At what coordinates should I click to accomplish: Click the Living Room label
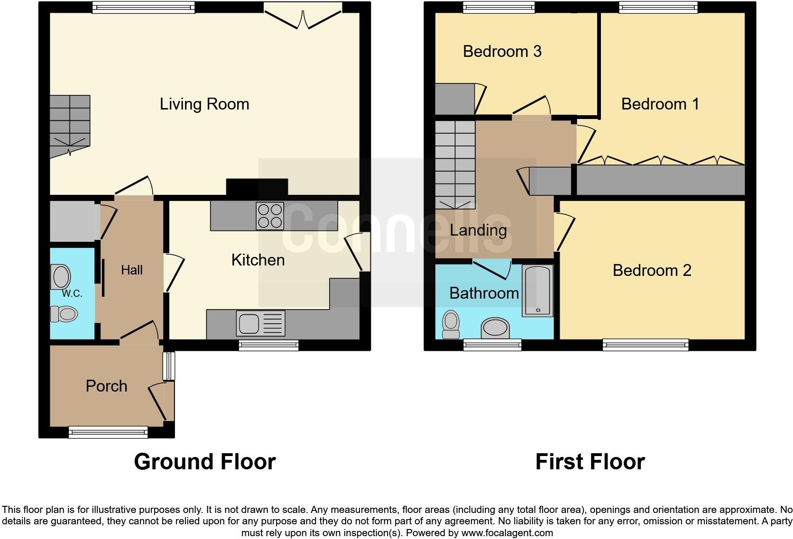coord(204,104)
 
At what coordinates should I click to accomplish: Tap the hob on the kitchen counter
coord(269,216)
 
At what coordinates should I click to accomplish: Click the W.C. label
coord(72,294)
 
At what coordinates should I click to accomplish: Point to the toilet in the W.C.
coord(65,314)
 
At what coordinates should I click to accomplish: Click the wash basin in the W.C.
coord(61,277)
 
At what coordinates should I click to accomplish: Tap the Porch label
coord(106,386)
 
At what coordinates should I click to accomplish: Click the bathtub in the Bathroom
coord(537,291)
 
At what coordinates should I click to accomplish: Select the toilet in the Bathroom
coord(450,324)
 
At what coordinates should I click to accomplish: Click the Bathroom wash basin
coord(495,329)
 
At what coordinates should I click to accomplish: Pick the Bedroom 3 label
coord(502,51)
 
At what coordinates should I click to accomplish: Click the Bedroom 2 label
coord(652,270)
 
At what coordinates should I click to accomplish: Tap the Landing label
coord(478,230)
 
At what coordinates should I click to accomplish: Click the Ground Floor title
coord(204,462)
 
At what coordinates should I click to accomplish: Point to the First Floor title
coord(590,462)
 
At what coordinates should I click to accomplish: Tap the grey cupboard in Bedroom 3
coord(454,100)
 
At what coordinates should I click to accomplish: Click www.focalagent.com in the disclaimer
coord(507,533)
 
